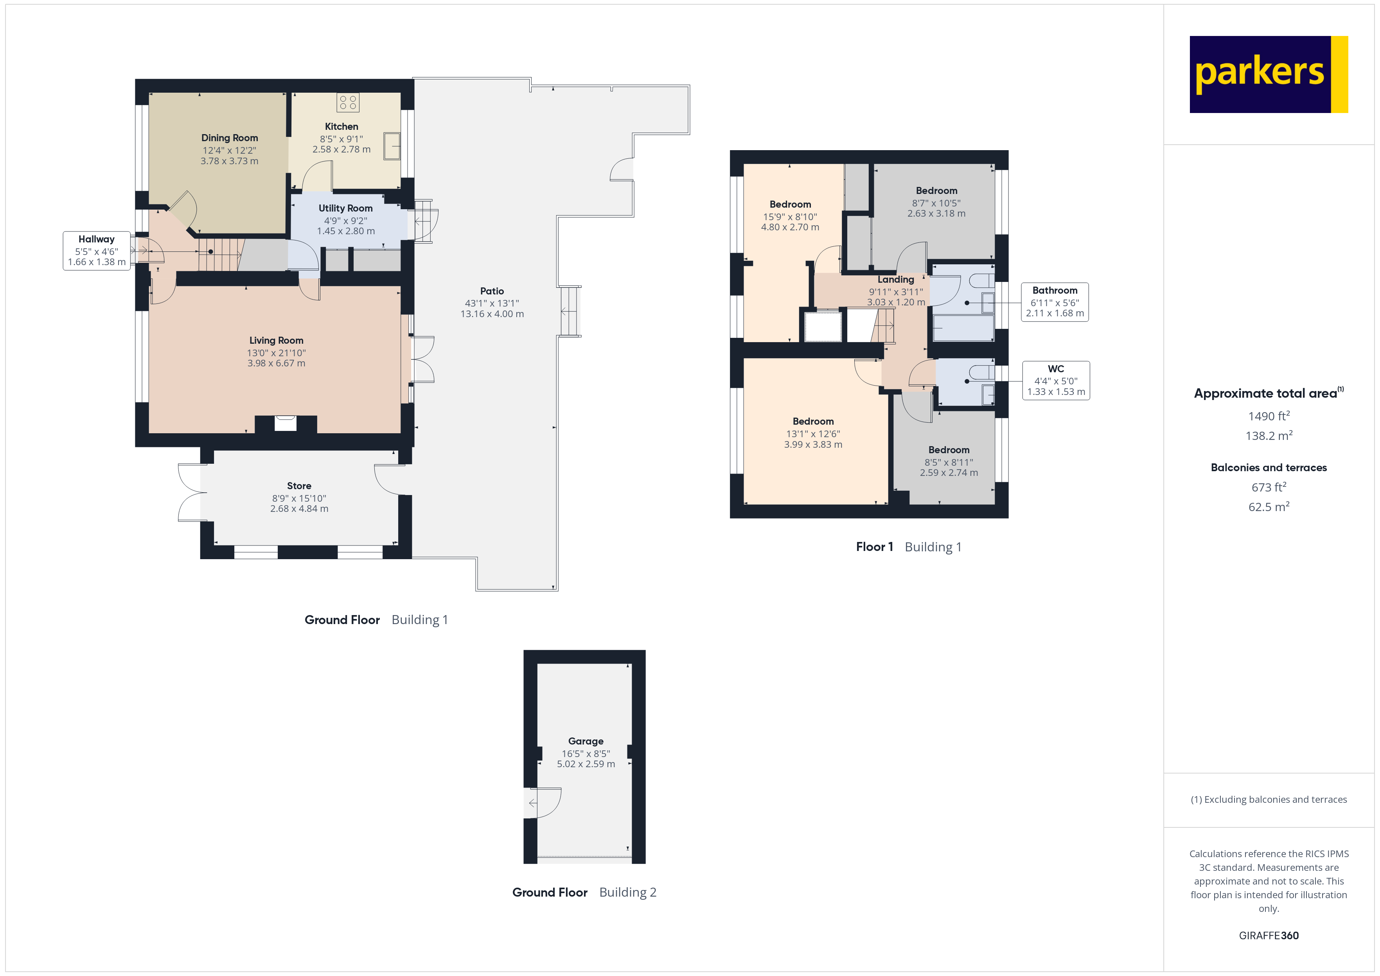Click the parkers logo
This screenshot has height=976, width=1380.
pyautogui.click(x=1268, y=75)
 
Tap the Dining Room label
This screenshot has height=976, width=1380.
pyautogui.click(x=230, y=138)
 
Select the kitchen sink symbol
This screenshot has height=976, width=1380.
pyautogui.click(x=392, y=146)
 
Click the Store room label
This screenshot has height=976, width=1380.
pyautogui.click(x=299, y=486)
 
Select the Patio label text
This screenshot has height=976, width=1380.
pyautogui.click(x=492, y=291)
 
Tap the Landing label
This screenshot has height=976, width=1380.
pyautogui.click(x=896, y=280)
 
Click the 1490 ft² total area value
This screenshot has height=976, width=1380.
pyautogui.click(x=1268, y=416)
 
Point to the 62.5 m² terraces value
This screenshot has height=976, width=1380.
pyautogui.click(x=1268, y=507)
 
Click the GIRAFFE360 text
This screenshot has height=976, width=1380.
pyautogui.click(x=1268, y=936)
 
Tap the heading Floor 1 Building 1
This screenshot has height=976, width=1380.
pyautogui.click(x=908, y=547)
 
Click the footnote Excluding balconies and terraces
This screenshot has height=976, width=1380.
pyautogui.click(x=1268, y=799)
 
